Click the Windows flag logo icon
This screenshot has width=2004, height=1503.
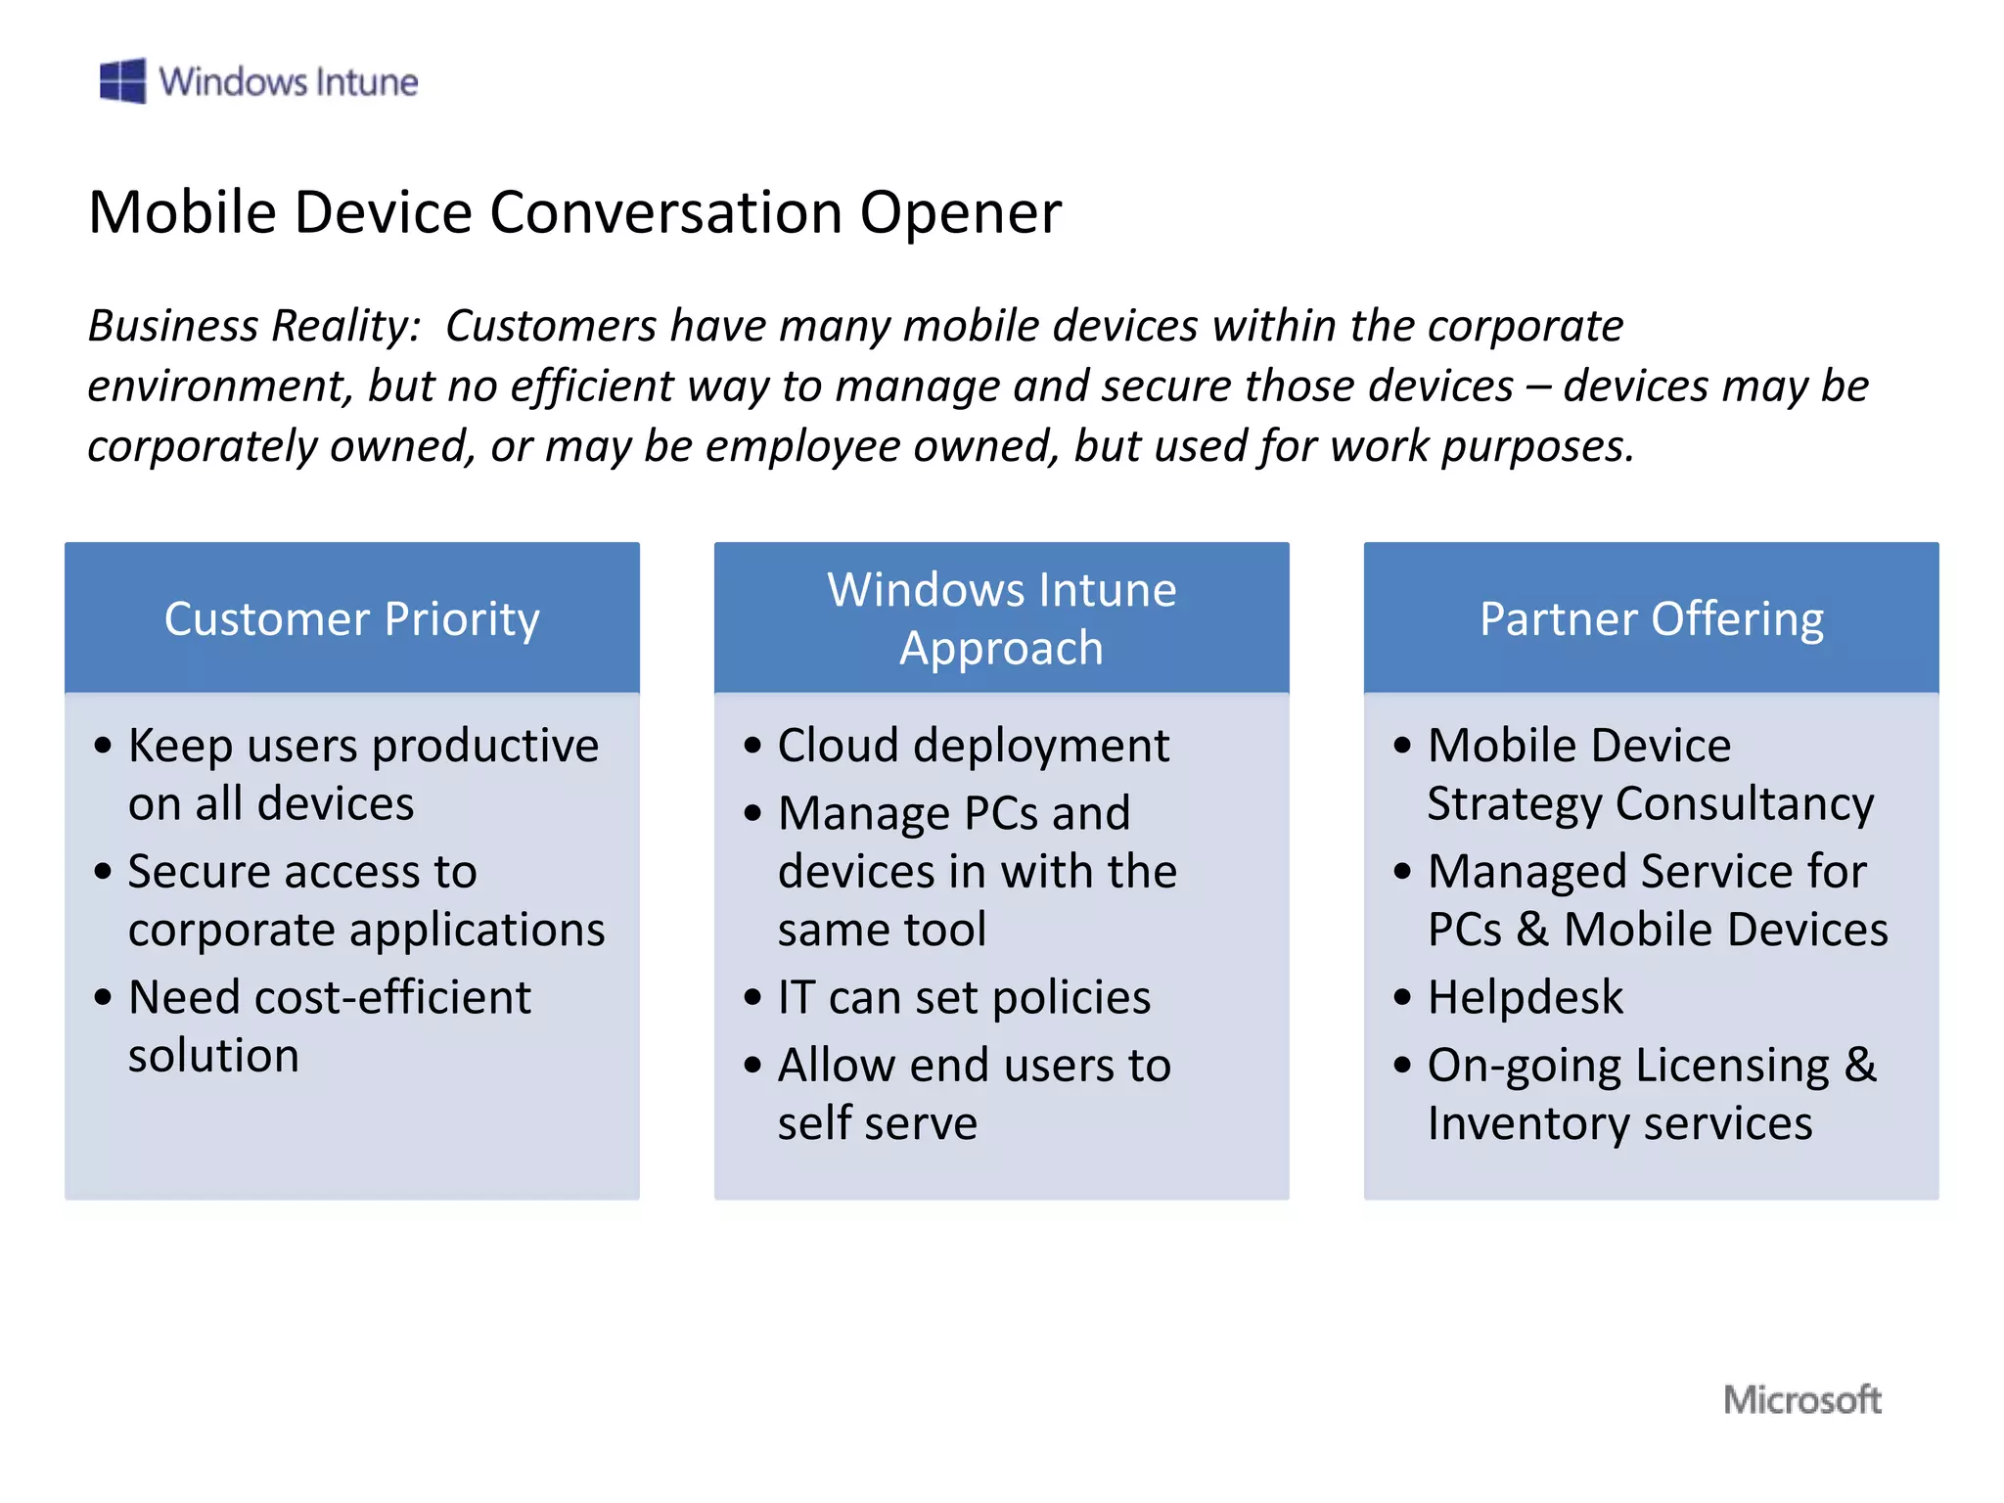[122, 80]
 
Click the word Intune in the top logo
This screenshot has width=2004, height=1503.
[367, 82]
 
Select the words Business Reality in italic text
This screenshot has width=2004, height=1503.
[253, 326]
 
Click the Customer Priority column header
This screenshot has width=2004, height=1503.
[351, 618]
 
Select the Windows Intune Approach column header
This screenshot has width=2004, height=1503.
[1001, 618]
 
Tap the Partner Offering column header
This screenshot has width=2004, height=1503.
[1651, 618]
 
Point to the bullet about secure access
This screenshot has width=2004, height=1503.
[365, 900]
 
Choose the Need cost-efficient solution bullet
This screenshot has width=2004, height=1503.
[329, 1025]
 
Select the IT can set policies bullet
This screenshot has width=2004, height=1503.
[963, 998]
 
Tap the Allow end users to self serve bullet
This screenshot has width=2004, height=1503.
[973, 1093]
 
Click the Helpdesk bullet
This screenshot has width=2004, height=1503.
[1525, 998]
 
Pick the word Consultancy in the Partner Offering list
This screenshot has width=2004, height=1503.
[1744, 804]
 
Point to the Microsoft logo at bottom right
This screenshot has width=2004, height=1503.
[1801, 1399]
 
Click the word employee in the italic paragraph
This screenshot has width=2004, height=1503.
[804, 446]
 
